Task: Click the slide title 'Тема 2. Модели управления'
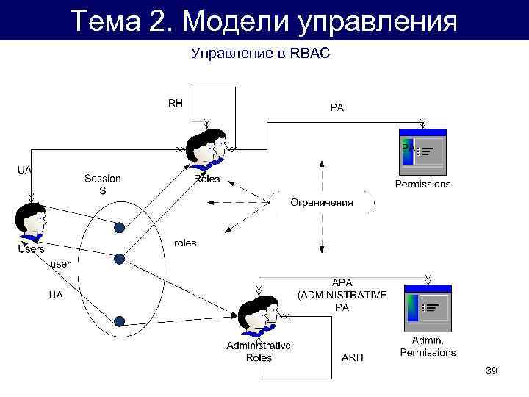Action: [x=264, y=20]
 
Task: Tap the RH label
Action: [x=176, y=104]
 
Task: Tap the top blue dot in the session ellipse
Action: [x=118, y=228]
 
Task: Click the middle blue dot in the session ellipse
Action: [x=119, y=258]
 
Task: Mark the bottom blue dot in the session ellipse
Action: [x=119, y=321]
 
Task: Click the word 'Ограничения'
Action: [x=321, y=202]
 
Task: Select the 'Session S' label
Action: [x=103, y=185]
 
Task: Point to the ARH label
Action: [x=353, y=357]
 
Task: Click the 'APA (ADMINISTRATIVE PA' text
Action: [x=342, y=295]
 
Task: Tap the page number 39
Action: [x=492, y=372]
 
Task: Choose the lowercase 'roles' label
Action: [x=185, y=243]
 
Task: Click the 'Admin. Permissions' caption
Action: [x=428, y=346]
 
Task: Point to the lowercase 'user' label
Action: [x=60, y=263]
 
